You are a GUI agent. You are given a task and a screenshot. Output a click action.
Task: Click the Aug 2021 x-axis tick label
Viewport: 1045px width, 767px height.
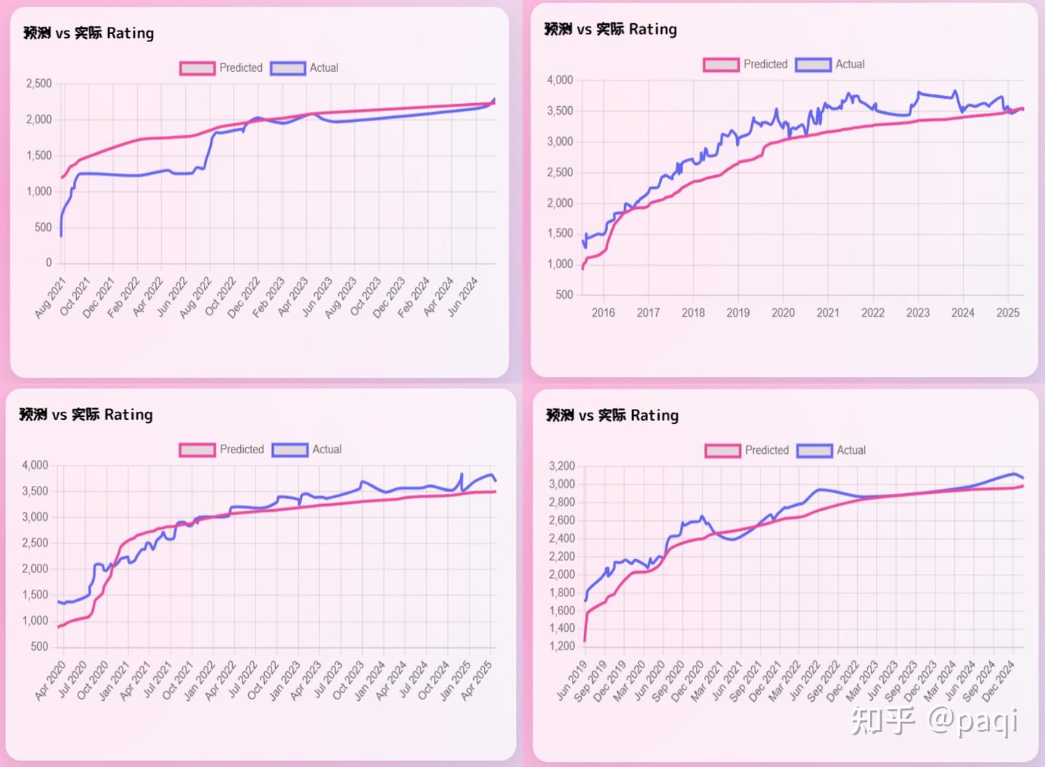click(x=51, y=298)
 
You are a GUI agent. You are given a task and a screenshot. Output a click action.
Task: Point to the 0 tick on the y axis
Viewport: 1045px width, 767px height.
click(x=49, y=263)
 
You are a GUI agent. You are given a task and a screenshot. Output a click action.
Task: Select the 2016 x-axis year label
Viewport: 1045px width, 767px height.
click(x=603, y=312)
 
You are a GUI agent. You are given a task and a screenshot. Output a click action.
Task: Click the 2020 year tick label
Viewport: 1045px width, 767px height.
click(x=783, y=312)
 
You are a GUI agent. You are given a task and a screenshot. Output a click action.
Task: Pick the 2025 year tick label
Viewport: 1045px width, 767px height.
click(x=1007, y=312)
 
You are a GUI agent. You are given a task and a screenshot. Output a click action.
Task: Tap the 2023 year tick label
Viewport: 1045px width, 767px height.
click(x=918, y=312)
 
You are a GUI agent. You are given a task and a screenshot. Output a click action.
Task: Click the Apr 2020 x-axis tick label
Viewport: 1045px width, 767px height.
click(x=51, y=681)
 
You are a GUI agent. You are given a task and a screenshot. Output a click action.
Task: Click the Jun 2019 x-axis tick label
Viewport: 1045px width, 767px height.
click(x=572, y=681)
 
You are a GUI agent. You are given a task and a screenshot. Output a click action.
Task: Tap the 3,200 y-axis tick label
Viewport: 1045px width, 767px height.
click(x=562, y=466)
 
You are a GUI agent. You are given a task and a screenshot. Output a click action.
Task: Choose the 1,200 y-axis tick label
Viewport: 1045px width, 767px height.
click(x=562, y=646)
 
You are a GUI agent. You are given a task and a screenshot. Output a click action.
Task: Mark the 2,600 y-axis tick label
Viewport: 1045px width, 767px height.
click(x=562, y=520)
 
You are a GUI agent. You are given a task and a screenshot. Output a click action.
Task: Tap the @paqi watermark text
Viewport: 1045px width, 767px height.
click(x=973, y=721)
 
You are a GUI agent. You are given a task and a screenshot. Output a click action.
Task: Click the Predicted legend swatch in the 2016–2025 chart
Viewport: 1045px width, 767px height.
click(x=721, y=65)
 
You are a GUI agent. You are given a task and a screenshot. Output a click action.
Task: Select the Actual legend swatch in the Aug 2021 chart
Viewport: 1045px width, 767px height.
click(x=287, y=68)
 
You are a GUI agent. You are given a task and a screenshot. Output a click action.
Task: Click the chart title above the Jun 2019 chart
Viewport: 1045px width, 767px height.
click(x=612, y=415)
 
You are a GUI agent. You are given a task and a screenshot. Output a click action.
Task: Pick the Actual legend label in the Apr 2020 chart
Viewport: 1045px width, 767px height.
click(x=327, y=450)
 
